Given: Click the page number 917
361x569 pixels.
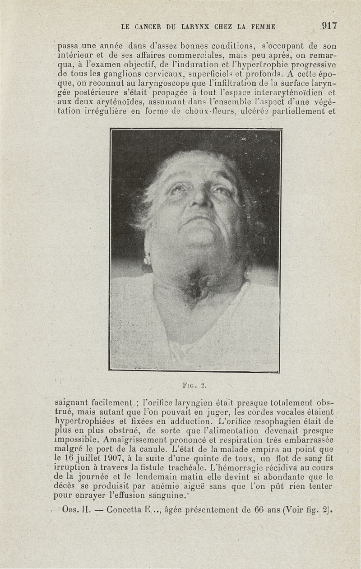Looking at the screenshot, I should (329, 26).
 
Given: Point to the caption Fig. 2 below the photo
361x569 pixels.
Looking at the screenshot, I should (194, 385).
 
